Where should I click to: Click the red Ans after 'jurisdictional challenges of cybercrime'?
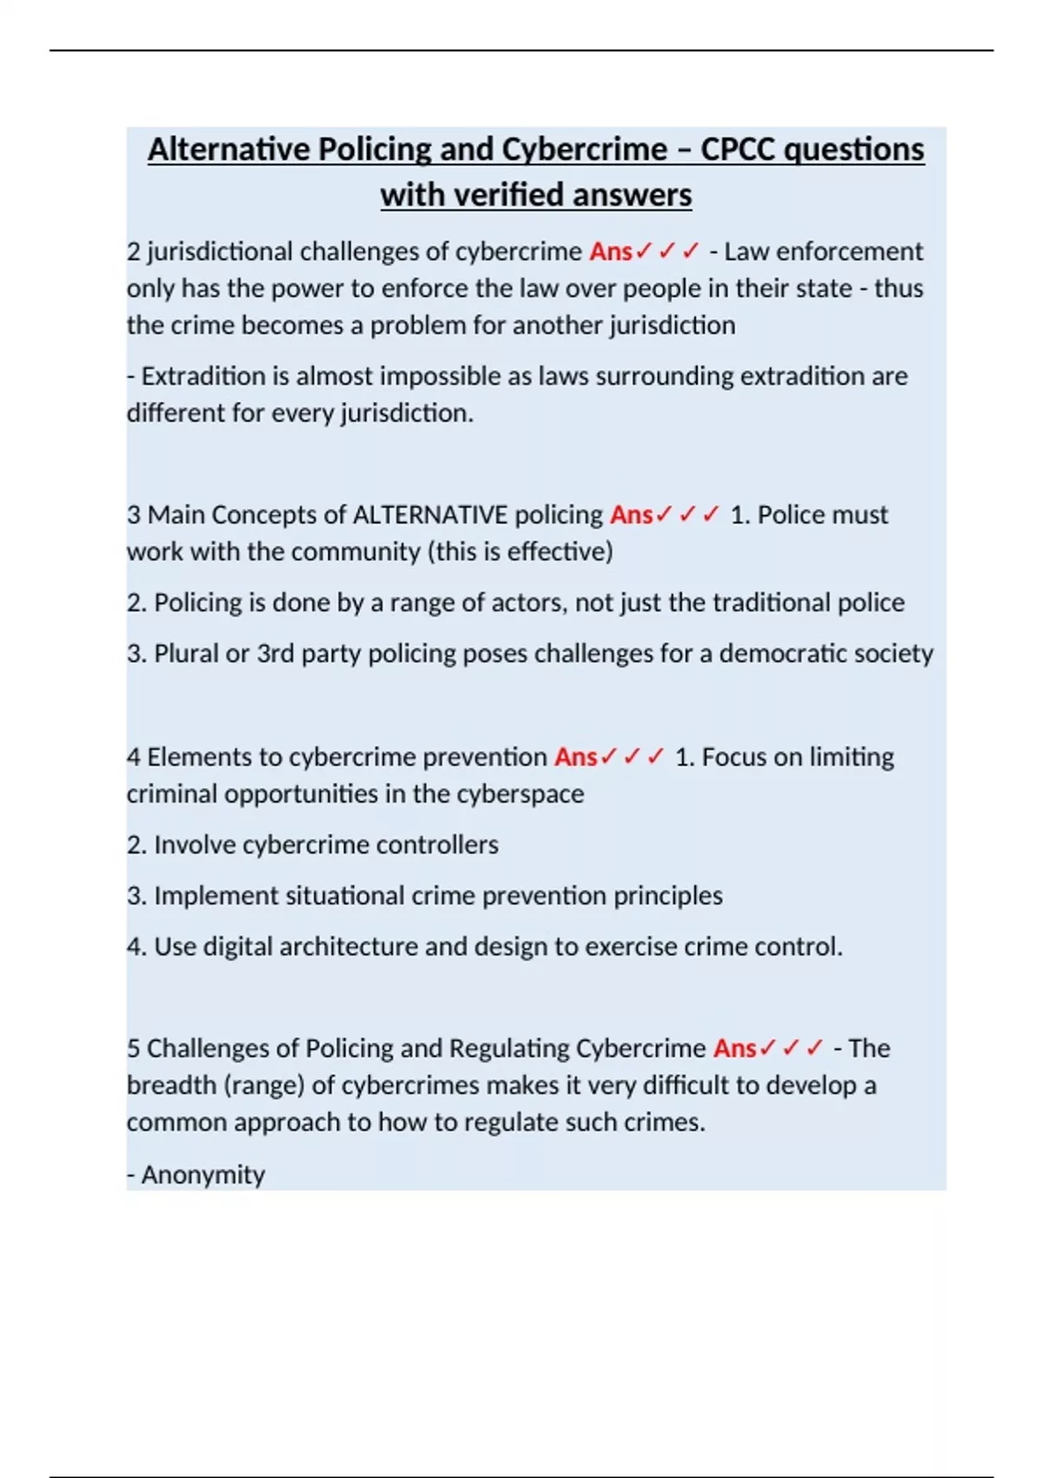click(x=611, y=251)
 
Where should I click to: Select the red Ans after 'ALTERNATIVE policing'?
click(x=631, y=515)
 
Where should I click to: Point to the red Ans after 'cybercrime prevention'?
click(x=576, y=757)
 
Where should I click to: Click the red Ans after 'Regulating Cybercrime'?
click(x=735, y=1049)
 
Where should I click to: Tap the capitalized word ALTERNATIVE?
click(x=430, y=515)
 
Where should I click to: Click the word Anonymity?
click(x=203, y=1175)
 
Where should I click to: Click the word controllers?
click(x=437, y=845)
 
